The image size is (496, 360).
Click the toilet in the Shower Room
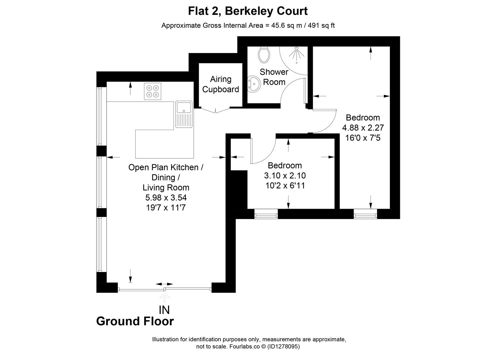click(x=264, y=54)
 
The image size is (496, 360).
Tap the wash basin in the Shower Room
click(x=254, y=84)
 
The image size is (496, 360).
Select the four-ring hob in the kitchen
click(x=152, y=91)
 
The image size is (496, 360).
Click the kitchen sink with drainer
click(x=184, y=114)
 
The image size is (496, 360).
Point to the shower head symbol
click(x=296, y=55)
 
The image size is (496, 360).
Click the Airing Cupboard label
click(x=220, y=84)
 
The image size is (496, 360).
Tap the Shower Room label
click(x=274, y=77)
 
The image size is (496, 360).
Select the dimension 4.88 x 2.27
click(x=363, y=128)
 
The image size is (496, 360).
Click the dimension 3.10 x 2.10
click(x=285, y=175)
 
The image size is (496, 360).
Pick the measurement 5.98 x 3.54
click(x=166, y=197)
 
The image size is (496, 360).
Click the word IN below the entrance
click(x=164, y=310)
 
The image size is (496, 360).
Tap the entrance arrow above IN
click(x=164, y=297)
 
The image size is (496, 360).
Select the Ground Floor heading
click(x=135, y=321)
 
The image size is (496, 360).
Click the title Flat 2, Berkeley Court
click(x=248, y=11)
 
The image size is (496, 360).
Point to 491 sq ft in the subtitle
click(x=321, y=25)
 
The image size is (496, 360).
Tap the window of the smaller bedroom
click(x=266, y=214)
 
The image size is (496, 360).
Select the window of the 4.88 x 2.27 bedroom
click(x=365, y=214)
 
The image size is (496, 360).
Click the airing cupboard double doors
click(x=216, y=110)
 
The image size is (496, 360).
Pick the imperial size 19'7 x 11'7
click(x=166, y=208)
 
